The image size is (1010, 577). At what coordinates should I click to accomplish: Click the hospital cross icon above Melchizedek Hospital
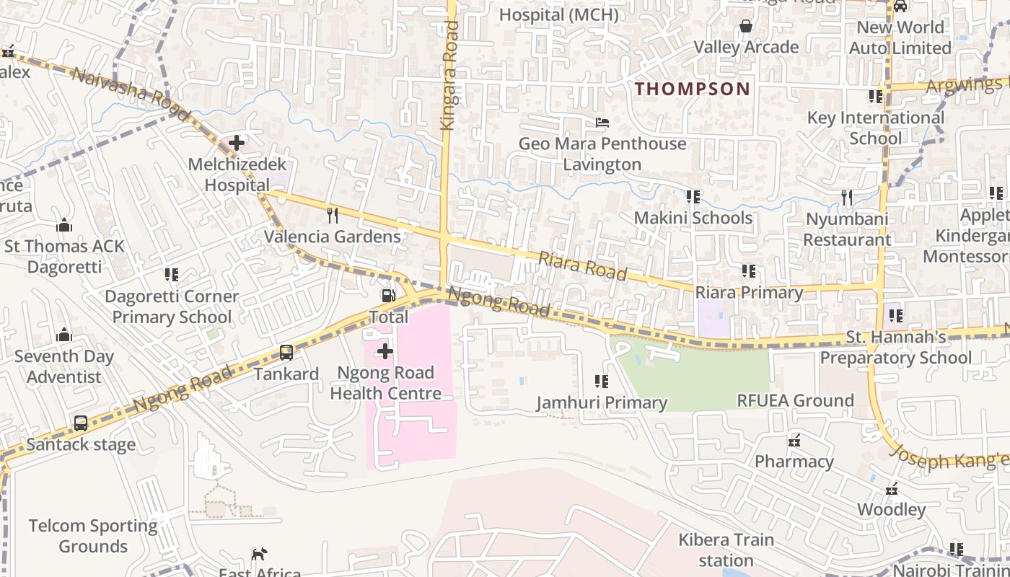[236, 143]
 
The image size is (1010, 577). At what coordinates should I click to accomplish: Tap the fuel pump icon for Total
[388, 296]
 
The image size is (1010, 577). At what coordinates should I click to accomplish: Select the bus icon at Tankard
[286, 353]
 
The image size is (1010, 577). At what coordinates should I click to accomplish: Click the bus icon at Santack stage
[81, 423]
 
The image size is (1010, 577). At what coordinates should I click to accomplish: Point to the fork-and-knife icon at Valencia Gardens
[333, 215]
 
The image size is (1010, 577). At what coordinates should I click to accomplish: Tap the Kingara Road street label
[450, 76]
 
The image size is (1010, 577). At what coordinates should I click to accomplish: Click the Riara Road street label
[583, 265]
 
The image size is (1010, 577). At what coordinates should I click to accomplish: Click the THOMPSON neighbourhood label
[693, 89]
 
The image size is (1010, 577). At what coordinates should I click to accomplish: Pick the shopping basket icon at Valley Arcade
[745, 27]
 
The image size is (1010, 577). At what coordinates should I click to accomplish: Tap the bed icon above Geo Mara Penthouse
[602, 123]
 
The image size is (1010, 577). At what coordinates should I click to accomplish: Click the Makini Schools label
[693, 218]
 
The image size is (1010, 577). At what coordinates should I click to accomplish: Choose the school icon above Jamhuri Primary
[601, 381]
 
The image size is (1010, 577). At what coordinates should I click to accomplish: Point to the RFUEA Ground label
[795, 400]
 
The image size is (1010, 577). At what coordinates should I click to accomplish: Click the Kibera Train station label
[726, 550]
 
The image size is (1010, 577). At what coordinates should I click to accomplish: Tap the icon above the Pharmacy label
[794, 440]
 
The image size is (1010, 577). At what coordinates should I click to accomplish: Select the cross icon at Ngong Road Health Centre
[385, 351]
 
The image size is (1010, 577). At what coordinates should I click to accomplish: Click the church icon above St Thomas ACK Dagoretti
[64, 225]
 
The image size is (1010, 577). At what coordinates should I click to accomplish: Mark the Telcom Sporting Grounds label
[93, 536]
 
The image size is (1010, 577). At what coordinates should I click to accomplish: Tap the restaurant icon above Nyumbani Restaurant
[847, 197]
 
